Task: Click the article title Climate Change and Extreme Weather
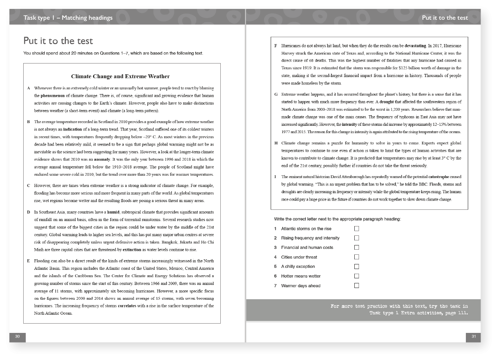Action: tap(120, 76)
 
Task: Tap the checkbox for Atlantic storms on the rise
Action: tap(357, 228)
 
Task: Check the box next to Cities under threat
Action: tap(357, 257)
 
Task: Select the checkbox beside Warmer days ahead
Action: tap(357, 286)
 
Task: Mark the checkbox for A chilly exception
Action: tap(357, 266)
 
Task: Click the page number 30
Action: tap(17, 337)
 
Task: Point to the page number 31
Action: tap(473, 337)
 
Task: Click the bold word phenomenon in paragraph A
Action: tap(53, 96)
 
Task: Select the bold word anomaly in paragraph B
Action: tap(102, 159)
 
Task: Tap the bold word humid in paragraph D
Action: tap(113, 212)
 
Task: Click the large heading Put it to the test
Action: tap(58, 41)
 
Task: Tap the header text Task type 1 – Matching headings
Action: tap(68, 17)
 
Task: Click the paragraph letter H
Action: tap(276, 143)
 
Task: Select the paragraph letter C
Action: tap(29, 186)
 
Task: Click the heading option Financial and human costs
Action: tap(307, 247)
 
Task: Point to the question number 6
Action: tap(275, 276)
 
